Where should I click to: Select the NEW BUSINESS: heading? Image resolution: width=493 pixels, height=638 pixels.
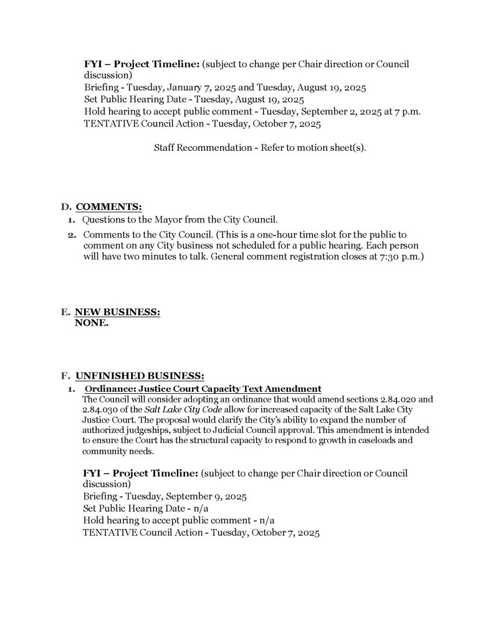pyautogui.click(x=117, y=313)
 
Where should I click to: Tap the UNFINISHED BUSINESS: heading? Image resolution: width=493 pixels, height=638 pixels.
pyautogui.click(x=140, y=376)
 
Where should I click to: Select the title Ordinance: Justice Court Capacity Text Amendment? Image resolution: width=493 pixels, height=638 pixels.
pyautogui.click(x=203, y=389)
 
